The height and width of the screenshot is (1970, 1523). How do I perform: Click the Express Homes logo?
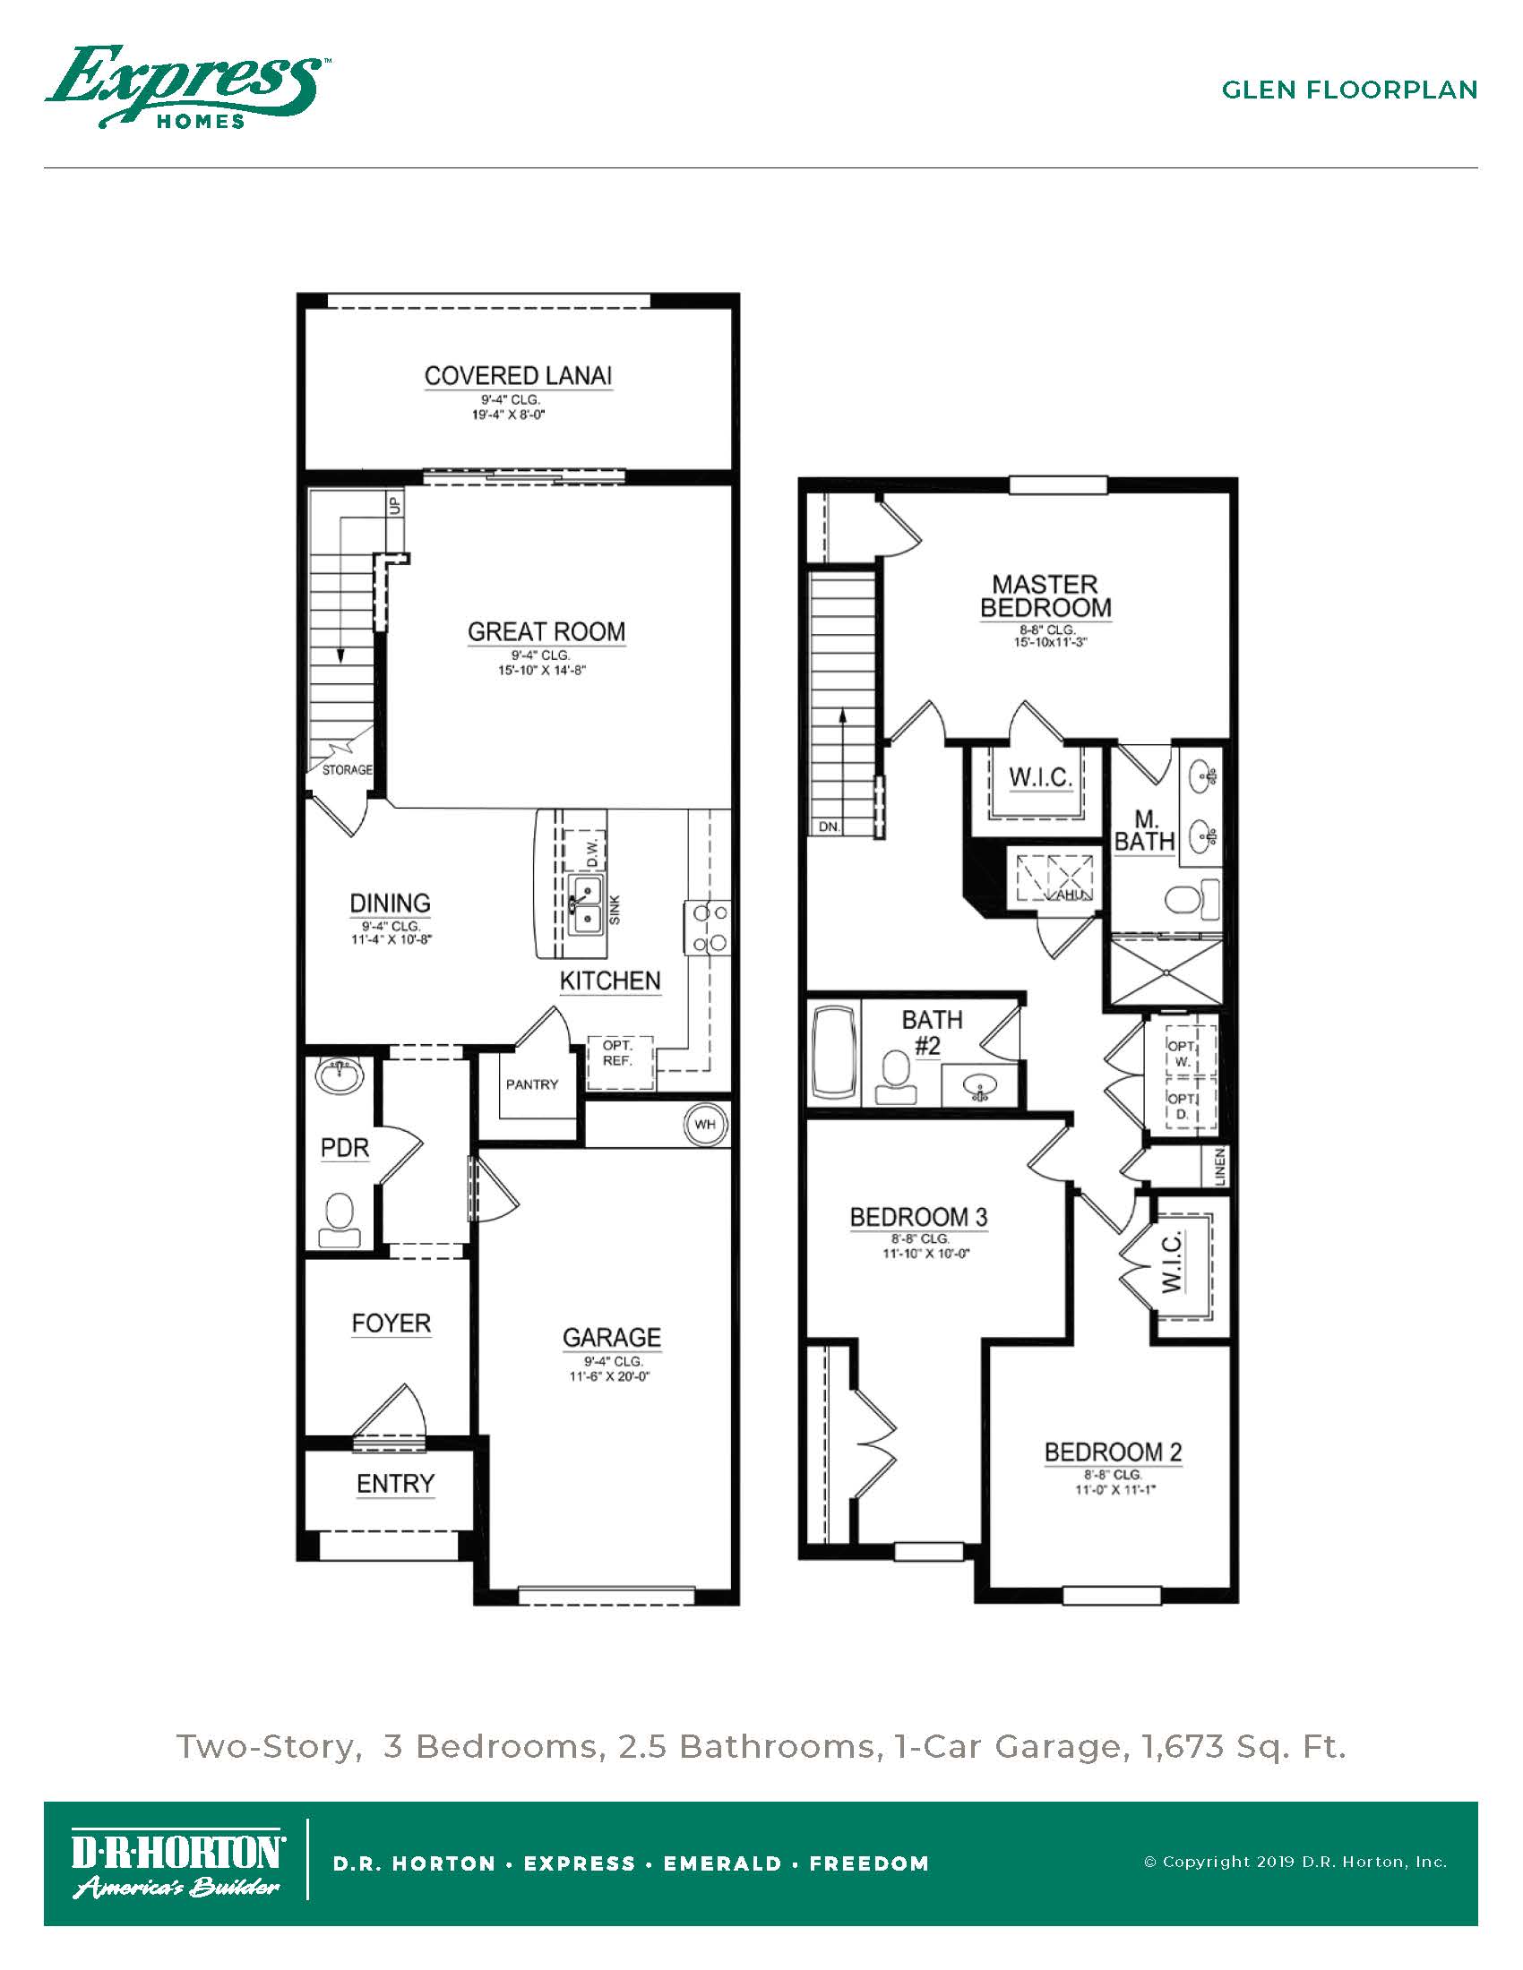[186, 88]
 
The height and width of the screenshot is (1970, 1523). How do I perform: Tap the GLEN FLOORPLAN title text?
[1349, 90]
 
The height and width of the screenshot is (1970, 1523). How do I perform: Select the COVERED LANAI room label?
[518, 376]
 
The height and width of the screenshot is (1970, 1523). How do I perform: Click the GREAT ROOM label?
[546, 631]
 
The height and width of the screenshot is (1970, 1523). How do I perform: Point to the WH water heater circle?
[706, 1124]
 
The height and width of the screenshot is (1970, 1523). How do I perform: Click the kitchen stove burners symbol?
[709, 929]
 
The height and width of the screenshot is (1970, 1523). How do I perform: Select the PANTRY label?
[531, 1084]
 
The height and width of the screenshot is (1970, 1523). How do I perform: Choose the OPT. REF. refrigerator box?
[618, 1059]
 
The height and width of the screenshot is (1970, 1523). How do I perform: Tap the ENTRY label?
[395, 1484]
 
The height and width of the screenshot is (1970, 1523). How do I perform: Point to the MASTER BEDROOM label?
[1045, 596]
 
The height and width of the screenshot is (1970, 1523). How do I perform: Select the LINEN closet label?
[1220, 1166]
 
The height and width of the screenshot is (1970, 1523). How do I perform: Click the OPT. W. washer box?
[1183, 1053]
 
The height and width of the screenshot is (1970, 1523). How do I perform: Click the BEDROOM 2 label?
[1113, 1452]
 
